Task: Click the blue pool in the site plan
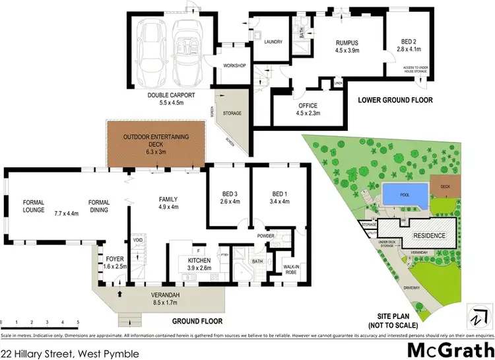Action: coord(403,195)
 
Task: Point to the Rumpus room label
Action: coord(348,45)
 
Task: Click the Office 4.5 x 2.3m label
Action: coord(308,110)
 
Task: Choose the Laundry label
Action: coord(273,42)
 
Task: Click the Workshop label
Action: coord(234,65)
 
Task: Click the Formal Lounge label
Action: coord(33,206)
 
